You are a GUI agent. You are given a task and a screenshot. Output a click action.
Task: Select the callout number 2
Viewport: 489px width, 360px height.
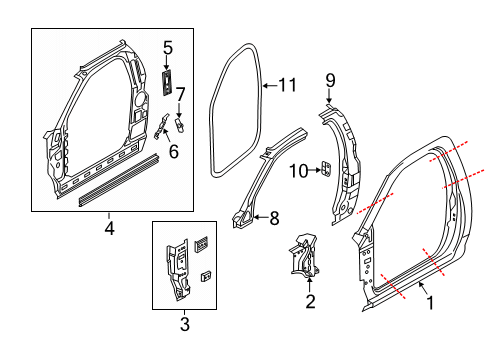310,301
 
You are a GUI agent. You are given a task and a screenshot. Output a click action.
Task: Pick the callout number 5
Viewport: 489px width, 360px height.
168,46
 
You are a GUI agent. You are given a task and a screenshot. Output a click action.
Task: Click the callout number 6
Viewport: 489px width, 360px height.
173,152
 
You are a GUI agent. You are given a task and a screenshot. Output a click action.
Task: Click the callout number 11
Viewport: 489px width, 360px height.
287,87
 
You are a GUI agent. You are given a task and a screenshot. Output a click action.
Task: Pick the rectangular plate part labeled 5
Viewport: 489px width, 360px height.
167,80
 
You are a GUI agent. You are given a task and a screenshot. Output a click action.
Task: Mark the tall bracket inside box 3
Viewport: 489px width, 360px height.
178,266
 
